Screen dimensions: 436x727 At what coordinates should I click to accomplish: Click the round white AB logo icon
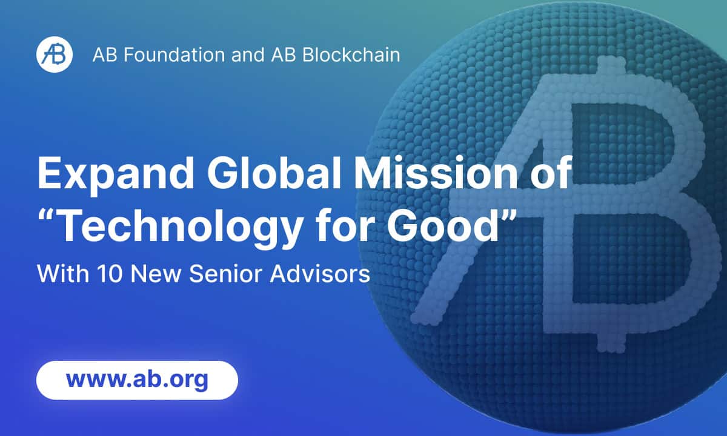55,54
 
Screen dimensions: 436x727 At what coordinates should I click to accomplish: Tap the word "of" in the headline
547,174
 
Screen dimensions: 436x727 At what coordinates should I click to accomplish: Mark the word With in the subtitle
62,274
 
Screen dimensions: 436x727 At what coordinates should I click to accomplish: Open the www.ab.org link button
138,380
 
